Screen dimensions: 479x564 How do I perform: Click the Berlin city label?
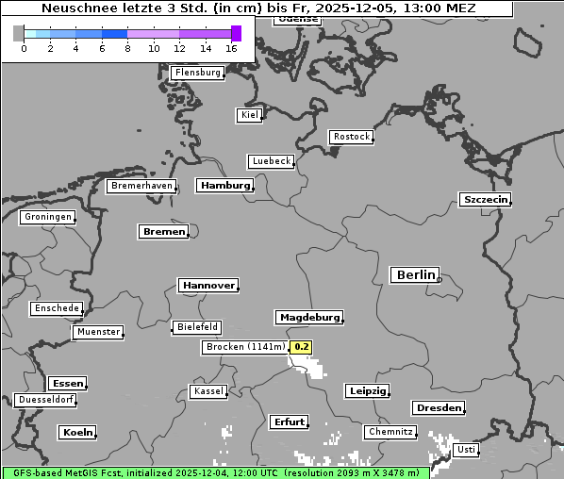(x=414, y=275)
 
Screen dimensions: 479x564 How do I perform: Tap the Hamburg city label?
(x=224, y=186)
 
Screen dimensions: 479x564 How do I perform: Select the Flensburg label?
(x=197, y=73)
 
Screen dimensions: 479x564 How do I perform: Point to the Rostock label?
(x=351, y=137)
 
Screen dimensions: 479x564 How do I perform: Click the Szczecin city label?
(x=485, y=199)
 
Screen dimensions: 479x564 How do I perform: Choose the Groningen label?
(x=47, y=217)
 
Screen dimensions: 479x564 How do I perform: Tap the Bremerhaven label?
(x=141, y=186)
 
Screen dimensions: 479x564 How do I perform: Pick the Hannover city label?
(x=207, y=285)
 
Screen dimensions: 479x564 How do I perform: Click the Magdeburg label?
(x=308, y=317)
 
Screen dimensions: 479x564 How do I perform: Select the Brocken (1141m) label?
(x=244, y=347)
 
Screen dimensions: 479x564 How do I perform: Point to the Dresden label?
(x=438, y=407)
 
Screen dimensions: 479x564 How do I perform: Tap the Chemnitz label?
(x=390, y=432)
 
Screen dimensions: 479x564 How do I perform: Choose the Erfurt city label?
(x=289, y=421)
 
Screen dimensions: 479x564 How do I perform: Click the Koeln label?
(x=77, y=432)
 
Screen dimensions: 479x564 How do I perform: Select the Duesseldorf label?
(x=45, y=400)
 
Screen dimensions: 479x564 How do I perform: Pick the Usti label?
(x=465, y=450)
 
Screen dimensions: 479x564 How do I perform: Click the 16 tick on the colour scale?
(x=232, y=48)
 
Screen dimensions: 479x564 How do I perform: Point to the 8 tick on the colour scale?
(x=127, y=48)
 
